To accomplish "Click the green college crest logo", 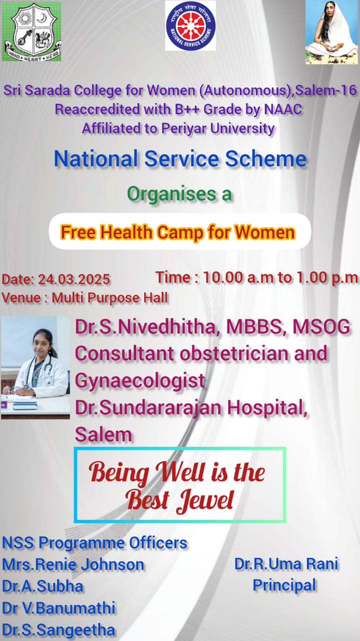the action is [32, 32].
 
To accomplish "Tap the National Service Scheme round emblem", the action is [191, 25].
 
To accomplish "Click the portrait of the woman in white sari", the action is [331, 32].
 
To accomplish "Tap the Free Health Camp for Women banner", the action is [180, 231].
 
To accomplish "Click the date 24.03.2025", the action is [74, 279].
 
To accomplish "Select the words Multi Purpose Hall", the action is [110, 298].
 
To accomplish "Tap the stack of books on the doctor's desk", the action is [25, 405].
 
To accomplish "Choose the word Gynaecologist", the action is [140, 381].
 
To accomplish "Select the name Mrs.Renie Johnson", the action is [73, 564].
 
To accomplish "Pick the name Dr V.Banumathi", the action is [59, 608].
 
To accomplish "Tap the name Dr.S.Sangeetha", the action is [59, 630].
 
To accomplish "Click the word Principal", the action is [284, 585].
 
